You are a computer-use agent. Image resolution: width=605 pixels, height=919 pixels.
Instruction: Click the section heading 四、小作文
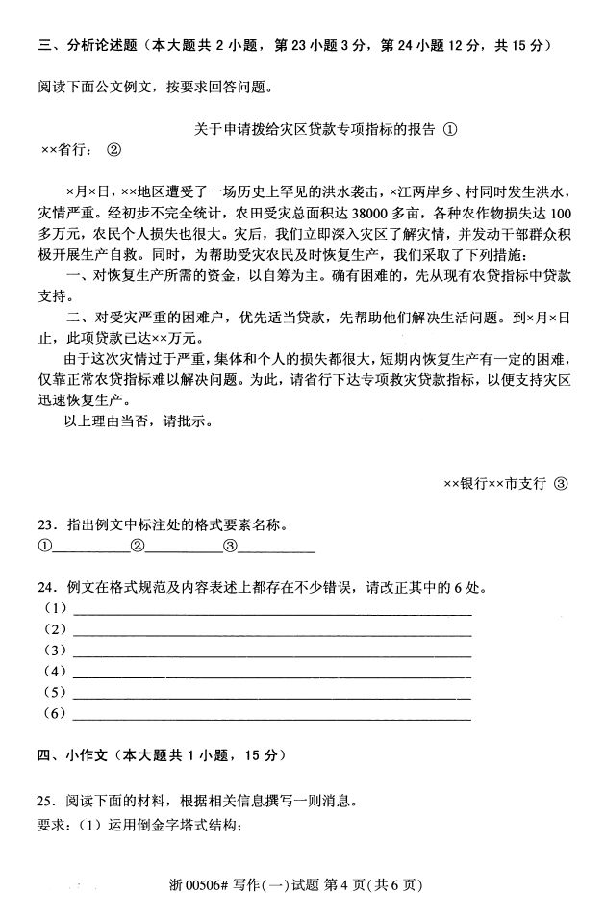click(72, 754)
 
